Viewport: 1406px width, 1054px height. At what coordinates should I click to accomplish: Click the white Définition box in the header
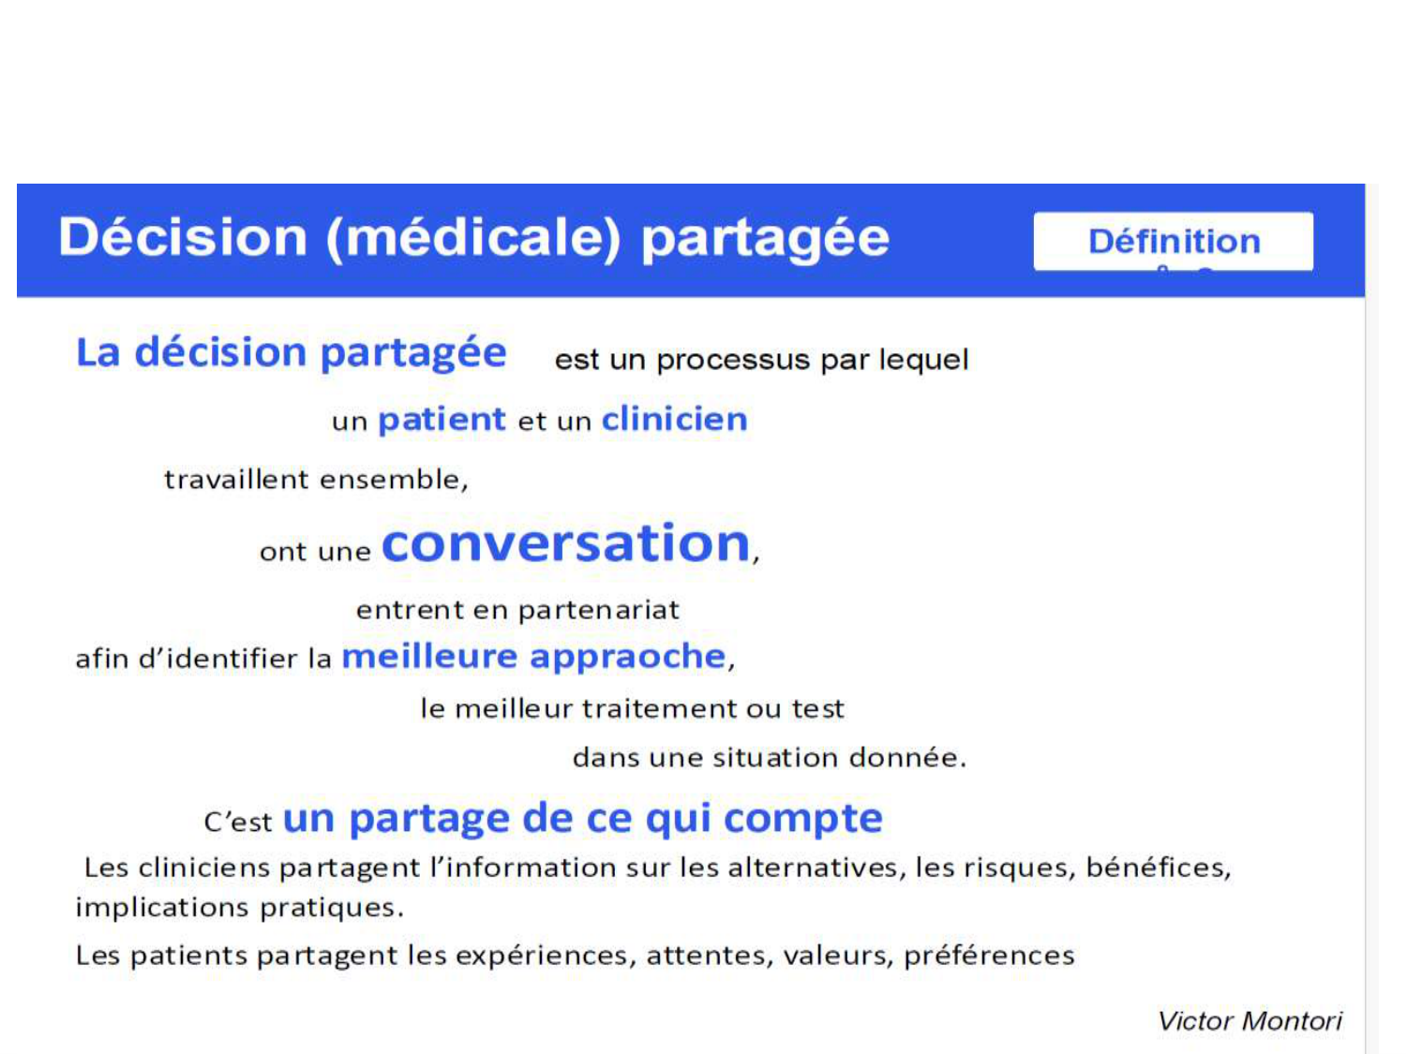click(x=1173, y=242)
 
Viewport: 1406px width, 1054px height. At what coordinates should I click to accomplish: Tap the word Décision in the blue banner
click(x=183, y=236)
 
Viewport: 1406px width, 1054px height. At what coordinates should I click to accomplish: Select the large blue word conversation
click(x=566, y=543)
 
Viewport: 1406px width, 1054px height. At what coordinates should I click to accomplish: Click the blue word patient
click(x=441, y=419)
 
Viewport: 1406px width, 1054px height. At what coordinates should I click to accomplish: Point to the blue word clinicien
click(x=674, y=419)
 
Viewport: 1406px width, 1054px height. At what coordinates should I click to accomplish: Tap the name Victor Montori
click(x=1249, y=1020)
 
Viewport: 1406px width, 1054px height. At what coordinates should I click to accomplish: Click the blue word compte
click(x=802, y=819)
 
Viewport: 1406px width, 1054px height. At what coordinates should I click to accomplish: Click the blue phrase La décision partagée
click(x=291, y=353)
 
